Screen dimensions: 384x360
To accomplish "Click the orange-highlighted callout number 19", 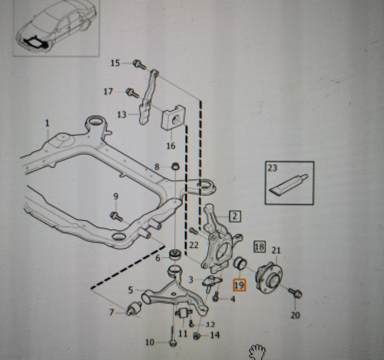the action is (239, 285).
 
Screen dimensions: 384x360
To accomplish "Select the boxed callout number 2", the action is (235, 217).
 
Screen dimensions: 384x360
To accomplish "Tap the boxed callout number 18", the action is (260, 247).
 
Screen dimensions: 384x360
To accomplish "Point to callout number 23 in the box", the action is (272, 168).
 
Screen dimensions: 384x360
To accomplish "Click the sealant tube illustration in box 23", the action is (289, 185).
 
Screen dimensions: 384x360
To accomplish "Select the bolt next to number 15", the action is (139, 64).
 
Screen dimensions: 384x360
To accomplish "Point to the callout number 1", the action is (48, 123).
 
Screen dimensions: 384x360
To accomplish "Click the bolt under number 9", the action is (116, 217).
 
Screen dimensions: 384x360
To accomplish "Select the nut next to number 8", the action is (175, 167).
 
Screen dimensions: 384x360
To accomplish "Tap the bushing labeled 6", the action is (175, 253).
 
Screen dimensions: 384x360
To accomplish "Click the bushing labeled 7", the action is (134, 308).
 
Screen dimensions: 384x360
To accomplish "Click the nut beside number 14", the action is (196, 336).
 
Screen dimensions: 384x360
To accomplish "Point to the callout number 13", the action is (122, 114).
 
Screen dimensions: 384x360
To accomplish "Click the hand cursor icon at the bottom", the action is (257, 352).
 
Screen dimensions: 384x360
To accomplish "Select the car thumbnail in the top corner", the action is (56, 28).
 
